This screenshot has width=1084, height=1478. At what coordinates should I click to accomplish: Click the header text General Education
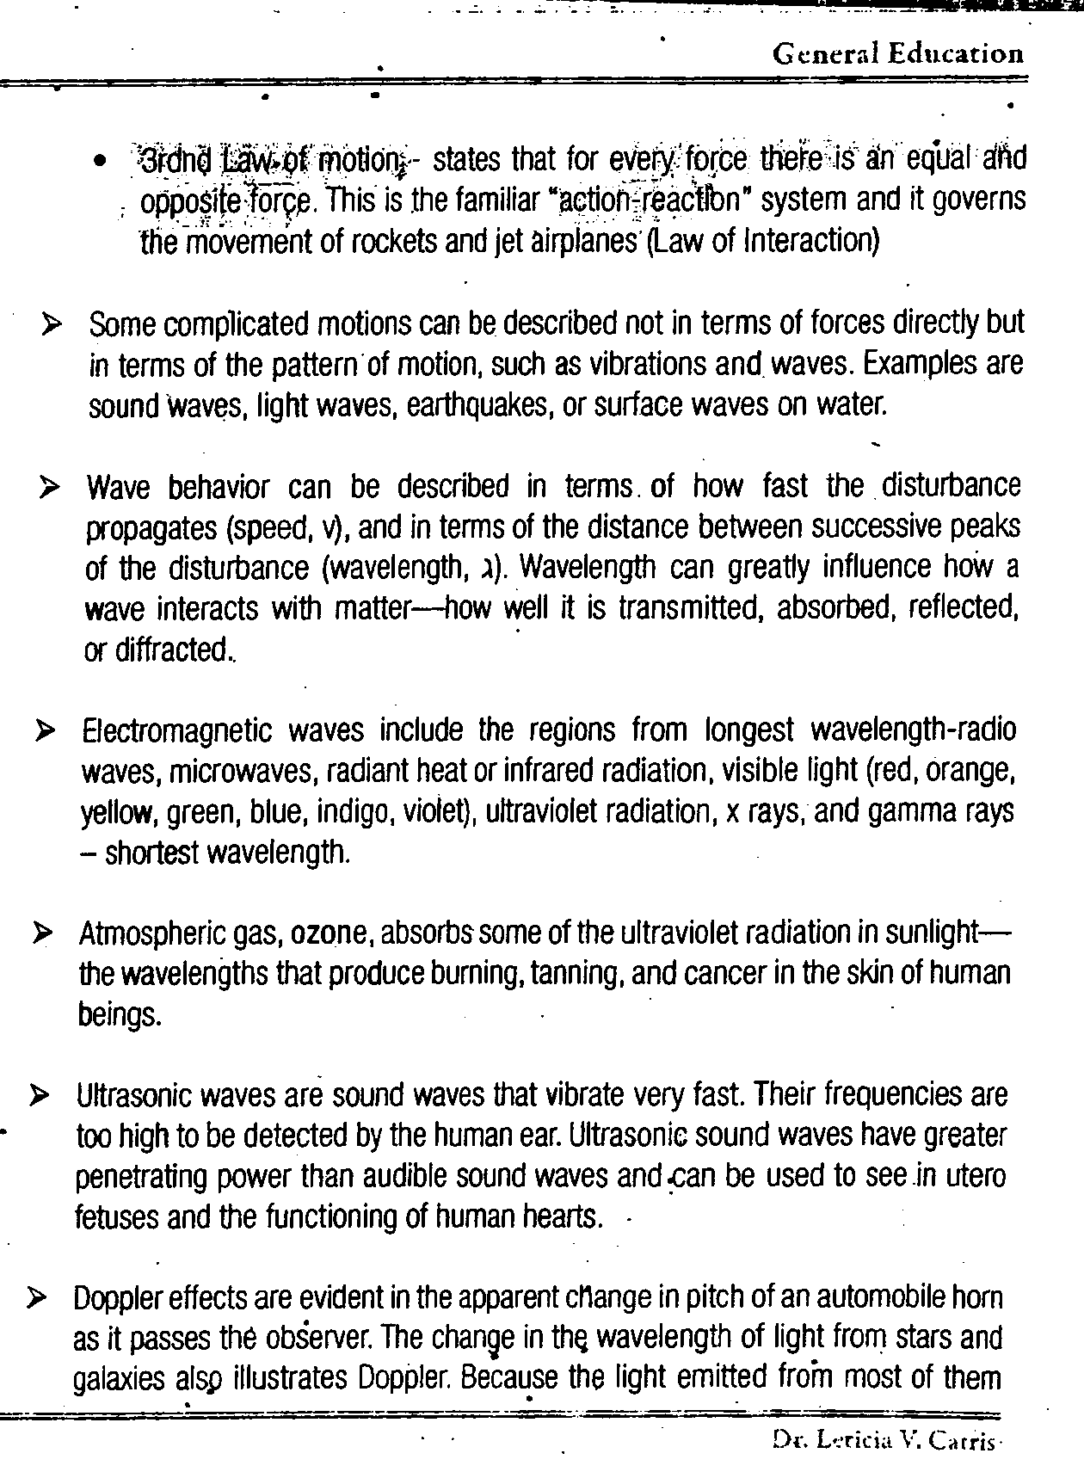[x=897, y=55]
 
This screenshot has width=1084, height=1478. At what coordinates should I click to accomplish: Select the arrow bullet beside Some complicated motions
[x=52, y=326]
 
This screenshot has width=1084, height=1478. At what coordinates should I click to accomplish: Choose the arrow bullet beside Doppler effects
[x=38, y=1297]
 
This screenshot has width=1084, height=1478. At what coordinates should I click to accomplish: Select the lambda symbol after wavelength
[x=485, y=569]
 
